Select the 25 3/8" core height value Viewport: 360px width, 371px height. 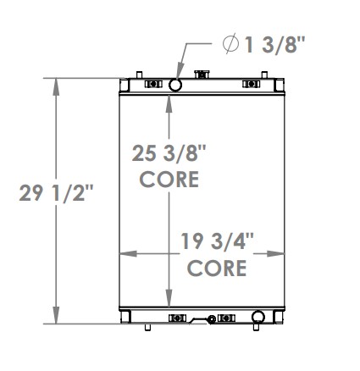tap(169, 153)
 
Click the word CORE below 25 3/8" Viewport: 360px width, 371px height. tap(169, 180)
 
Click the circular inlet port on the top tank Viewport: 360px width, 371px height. tap(175, 85)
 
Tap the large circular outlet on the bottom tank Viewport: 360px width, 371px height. tap(258, 319)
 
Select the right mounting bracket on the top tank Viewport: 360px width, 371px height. tap(252, 84)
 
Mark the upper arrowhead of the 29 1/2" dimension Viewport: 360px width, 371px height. tap(57, 83)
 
